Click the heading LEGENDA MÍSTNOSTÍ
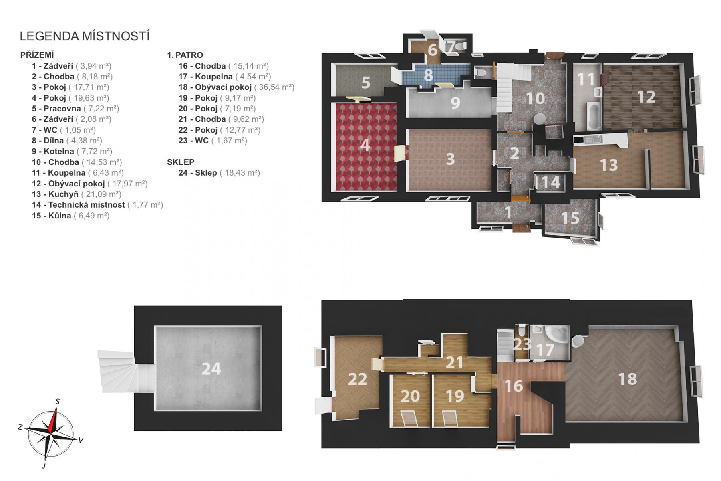tap(85, 36)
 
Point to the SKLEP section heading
tap(181, 162)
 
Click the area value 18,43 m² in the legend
tap(240, 173)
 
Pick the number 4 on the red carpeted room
tap(365, 145)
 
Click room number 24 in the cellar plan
tap(211, 369)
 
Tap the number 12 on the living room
tap(646, 97)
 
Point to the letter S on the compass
tap(58, 401)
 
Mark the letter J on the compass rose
tap(43, 466)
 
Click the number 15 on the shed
tap(570, 218)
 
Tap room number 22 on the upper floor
tap(357, 379)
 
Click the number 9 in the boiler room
tap(455, 103)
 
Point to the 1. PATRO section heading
tap(185, 55)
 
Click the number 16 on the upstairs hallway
tap(514, 386)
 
